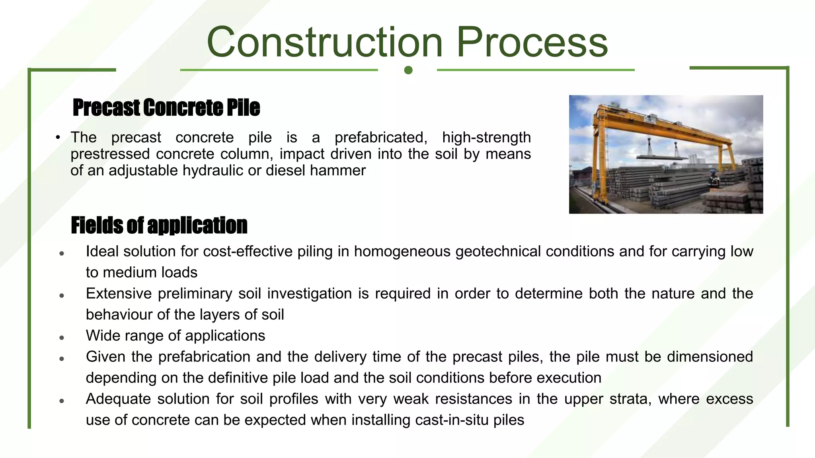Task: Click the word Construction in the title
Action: tap(324, 42)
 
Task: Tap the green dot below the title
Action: tap(408, 70)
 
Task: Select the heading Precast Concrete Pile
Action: tap(166, 108)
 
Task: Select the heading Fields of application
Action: tap(159, 225)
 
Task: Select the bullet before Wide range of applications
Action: tap(62, 338)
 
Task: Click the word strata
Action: tap(630, 399)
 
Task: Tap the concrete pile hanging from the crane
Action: tap(661, 157)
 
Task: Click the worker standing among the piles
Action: tap(714, 180)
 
